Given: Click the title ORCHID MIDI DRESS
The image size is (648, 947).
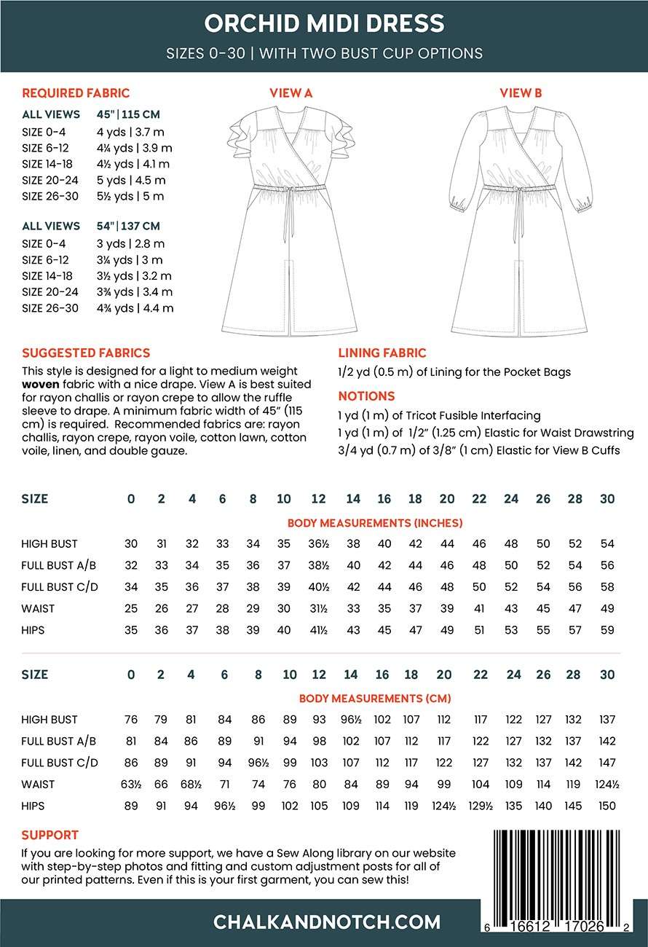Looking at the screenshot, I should click(324, 23).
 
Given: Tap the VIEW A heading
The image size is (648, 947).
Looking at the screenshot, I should click(291, 93).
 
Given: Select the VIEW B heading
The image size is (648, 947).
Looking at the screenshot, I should click(521, 93).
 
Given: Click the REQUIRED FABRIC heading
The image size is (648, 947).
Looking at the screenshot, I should click(76, 93).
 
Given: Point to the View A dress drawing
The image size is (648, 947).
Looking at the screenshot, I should click(291, 219).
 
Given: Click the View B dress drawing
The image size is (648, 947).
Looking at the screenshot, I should click(520, 219).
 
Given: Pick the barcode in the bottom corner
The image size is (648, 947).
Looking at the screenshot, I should click(560, 874).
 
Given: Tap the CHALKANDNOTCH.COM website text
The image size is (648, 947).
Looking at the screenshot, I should click(327, 922).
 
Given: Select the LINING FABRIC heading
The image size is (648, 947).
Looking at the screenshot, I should click(382, 353).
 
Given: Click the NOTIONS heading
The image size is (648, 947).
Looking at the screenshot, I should click(366, 396).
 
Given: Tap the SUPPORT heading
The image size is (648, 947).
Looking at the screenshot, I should click(50, 835).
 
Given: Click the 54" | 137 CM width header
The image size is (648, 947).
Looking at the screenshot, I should click(128, 226).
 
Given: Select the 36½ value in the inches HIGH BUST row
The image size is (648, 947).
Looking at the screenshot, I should click(318, 543).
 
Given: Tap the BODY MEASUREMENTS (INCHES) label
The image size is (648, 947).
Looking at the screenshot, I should click(375, 523).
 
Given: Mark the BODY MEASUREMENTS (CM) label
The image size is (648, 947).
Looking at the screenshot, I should click(375, 699).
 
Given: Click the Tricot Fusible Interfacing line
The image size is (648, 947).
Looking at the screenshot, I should click(439, 415).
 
